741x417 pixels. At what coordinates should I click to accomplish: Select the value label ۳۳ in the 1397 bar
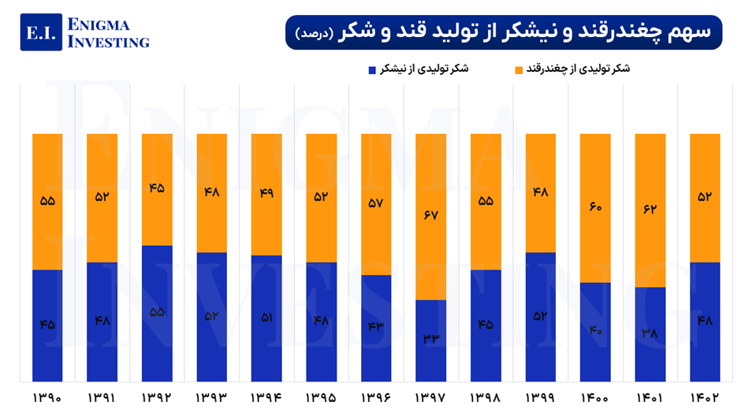coord(430,339)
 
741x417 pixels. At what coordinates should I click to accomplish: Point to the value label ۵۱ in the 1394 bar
coord(266,317)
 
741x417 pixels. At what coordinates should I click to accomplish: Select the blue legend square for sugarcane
coord(371,70)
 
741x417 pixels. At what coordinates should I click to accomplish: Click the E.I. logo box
coord(41,32)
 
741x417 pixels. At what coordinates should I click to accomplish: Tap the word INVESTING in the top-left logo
coord(109,42)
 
